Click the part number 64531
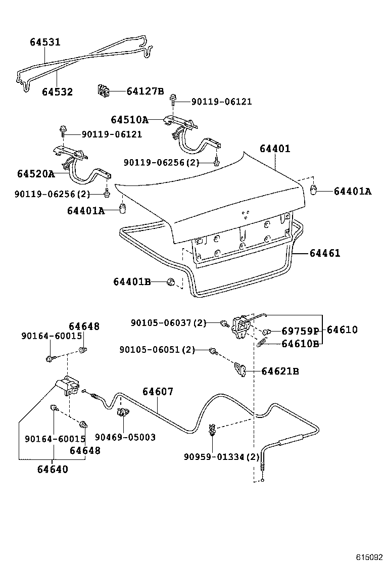pos(44,42)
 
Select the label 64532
pos(57,92)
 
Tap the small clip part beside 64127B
pos(104,91)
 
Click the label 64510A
pos(129,120)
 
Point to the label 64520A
pos(35,174)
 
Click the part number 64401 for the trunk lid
pos(275,149)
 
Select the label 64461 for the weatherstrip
pos(325,253)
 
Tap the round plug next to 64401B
pos(172,282)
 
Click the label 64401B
pos(132,282)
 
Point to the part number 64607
pos(158,391)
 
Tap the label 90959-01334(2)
pos(221,457)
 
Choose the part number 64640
pos(52,469)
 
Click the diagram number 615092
pos(368,557)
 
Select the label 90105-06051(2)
pos(157,350)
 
